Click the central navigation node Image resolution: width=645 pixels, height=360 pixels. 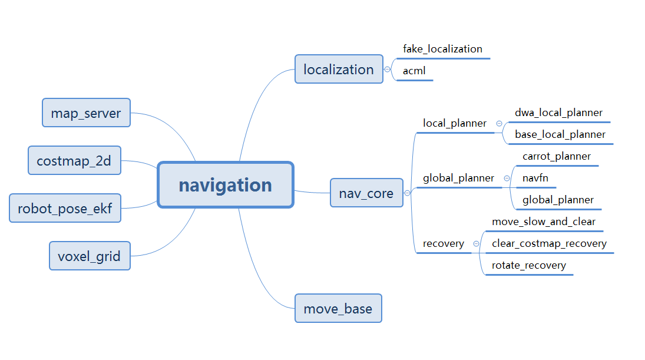click(226, 185)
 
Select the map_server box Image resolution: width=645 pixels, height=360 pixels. click(86, 113)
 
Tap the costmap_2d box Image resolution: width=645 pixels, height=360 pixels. click(74, 161)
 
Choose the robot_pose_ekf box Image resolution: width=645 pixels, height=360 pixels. click(65, 208)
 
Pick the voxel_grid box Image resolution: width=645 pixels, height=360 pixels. click(90, 256)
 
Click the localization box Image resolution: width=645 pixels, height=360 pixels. click(339, 70)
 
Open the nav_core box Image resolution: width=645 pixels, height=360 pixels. click(366, 193)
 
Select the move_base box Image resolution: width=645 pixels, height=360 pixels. click(338, 308)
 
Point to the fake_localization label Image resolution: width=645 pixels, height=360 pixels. click(442, 49)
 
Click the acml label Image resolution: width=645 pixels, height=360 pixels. click(414, 71)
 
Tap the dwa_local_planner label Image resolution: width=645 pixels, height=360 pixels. click(558, 113)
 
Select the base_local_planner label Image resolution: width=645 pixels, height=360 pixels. click(560, 134)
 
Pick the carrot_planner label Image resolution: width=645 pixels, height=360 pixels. click(557, 156)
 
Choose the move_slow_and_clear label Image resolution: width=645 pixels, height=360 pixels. click(544, 222)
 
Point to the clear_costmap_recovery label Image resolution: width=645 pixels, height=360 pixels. click(549, 243)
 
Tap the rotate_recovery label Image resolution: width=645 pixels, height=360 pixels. click(529, 265)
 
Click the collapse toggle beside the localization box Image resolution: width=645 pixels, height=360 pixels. click(387, 70)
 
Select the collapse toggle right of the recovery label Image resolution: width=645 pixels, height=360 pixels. click(476, 243)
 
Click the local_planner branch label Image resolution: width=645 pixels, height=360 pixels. click(455, 123)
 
